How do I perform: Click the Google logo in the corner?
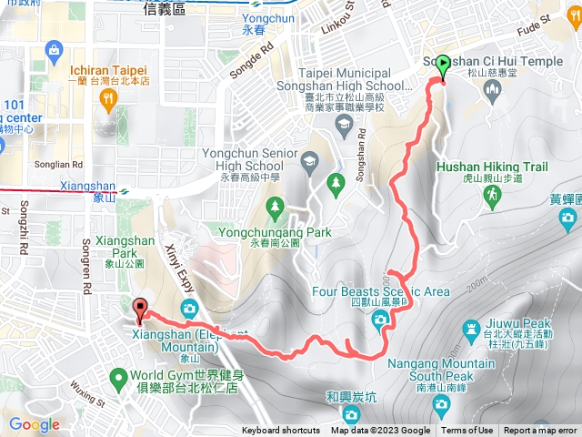(34, 424)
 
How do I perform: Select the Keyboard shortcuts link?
(281, 431)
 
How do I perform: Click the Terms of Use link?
(467, 431)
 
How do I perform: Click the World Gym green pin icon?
(118, 376)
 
